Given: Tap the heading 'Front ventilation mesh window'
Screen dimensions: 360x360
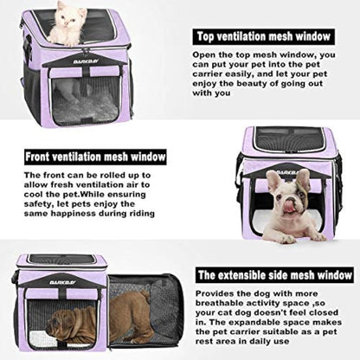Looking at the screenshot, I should [94, 157].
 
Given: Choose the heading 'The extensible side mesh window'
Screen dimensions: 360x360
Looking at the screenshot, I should [273, 274].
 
